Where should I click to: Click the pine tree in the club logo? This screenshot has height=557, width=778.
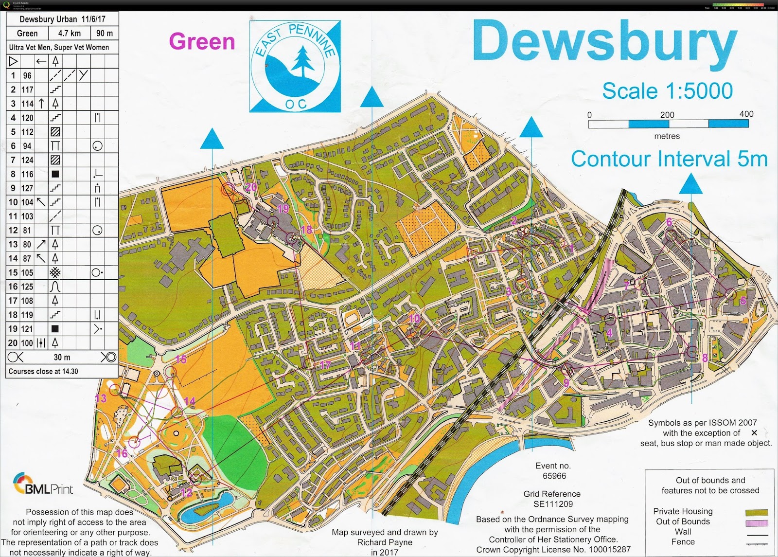pos(303,60)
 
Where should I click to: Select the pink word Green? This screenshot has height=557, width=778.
pos(202,41)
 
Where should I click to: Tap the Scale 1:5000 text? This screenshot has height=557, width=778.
pos(667,91)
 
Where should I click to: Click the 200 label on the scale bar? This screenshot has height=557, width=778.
pos(667,115)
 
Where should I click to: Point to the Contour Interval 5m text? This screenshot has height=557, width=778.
pos(669,159)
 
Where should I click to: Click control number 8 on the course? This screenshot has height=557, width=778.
pos(705,358)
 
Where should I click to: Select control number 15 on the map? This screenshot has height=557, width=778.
pos(181,359)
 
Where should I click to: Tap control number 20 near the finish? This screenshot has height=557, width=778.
pos(251,187)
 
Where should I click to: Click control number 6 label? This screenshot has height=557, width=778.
pos(669,222)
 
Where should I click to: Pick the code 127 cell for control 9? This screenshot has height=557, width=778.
pos(27,188)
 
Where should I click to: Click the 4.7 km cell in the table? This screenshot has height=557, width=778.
pos(70,34)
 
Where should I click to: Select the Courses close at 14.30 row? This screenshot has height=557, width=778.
pos(43,371)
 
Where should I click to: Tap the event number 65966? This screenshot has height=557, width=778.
pos(554,476)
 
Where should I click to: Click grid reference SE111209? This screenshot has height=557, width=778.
pos(553,504)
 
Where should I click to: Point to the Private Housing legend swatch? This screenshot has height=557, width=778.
pos(757,512)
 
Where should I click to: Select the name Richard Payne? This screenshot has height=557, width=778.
pos(385,542)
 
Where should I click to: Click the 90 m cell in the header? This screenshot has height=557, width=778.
pos(104,34)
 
